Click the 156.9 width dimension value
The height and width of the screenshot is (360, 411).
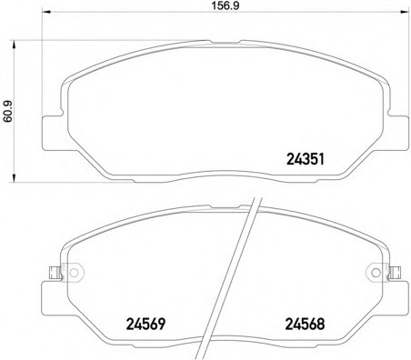coord(225,5)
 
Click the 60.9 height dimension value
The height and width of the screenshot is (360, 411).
coord(8,112)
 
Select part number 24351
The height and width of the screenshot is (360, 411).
coord(306,159)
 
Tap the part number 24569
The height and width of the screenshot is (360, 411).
coord(145,324)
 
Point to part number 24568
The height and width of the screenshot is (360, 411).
coord(305,324)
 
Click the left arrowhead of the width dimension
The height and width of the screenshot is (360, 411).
coord(45,12)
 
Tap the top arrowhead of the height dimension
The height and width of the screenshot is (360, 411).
coord(14,45)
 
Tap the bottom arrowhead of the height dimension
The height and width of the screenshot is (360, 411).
coord(14,178)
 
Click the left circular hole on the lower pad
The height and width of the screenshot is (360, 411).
coord(74,273)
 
